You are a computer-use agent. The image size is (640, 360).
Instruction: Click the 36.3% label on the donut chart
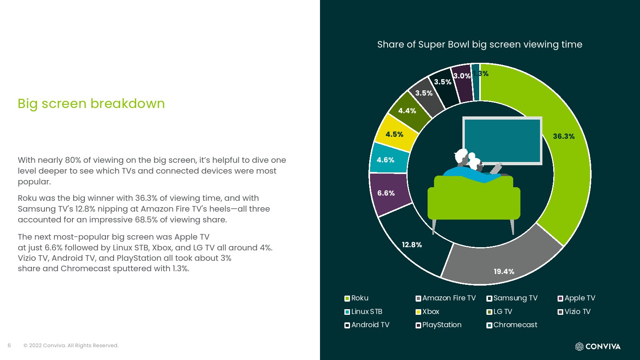point(564,136)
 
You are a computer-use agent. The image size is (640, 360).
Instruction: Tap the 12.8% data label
point(412,244)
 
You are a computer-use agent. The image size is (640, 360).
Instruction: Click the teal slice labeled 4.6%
point(388,159)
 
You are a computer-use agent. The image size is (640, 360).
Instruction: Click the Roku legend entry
point(356,298)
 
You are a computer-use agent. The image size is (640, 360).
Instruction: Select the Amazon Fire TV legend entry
point(446,298)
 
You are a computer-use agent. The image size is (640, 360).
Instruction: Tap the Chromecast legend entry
point(512,325)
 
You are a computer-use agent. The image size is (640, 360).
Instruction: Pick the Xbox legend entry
point(428,312)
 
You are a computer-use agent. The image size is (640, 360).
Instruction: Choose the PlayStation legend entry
point(438,325)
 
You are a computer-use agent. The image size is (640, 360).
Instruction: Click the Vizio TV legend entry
point(574,312)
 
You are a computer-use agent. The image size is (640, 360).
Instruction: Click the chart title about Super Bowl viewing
point(480,44)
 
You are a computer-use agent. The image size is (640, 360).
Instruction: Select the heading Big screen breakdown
point(91,104)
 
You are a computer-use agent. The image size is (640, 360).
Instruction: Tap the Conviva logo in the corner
point(598,346)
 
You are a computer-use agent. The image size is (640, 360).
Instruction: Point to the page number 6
point(9,346)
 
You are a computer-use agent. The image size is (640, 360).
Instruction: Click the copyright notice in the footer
point(71,346)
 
